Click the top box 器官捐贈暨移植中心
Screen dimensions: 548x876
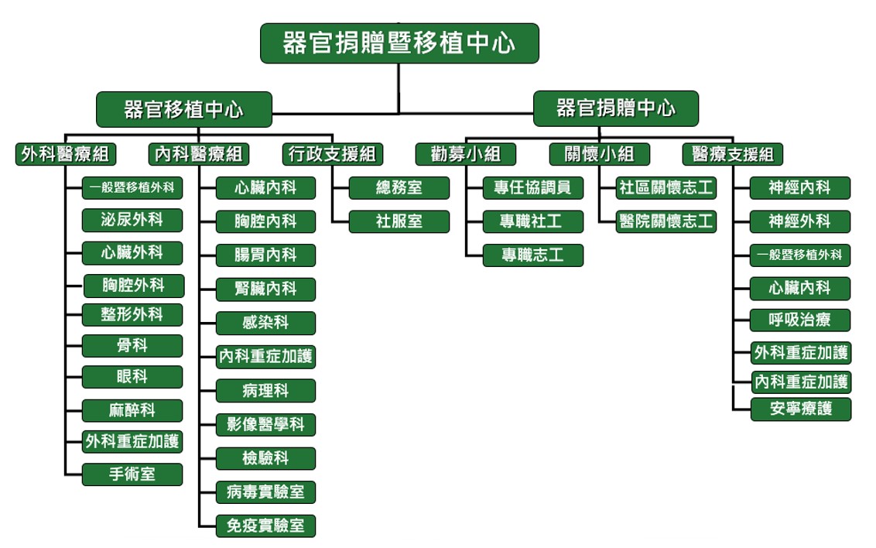click(399, 43)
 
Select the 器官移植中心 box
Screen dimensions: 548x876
click(183, 109)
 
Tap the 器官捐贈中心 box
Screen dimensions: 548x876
click(615, 108)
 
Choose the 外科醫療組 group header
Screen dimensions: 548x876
click(65, 154)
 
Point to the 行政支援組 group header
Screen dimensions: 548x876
click(331, 154)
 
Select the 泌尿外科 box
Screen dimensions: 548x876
click(132, 220)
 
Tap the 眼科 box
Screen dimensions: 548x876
click(132, 377)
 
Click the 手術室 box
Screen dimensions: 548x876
click(132, 474)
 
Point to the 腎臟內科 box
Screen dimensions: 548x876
click(265, 289)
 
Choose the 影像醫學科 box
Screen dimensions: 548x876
click(265, 424)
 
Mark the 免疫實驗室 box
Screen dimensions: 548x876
click(265, 526)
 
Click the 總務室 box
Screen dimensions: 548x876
click(399, 187)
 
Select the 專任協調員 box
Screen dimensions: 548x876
click(532, 187)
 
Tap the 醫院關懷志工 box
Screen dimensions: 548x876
click(666, 221)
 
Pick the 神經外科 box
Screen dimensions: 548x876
click(800, 221)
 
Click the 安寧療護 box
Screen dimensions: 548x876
click(800, 409)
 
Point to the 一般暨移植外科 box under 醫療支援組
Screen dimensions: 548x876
click(800, 255)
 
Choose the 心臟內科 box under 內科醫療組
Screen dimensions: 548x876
click(265, 187)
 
